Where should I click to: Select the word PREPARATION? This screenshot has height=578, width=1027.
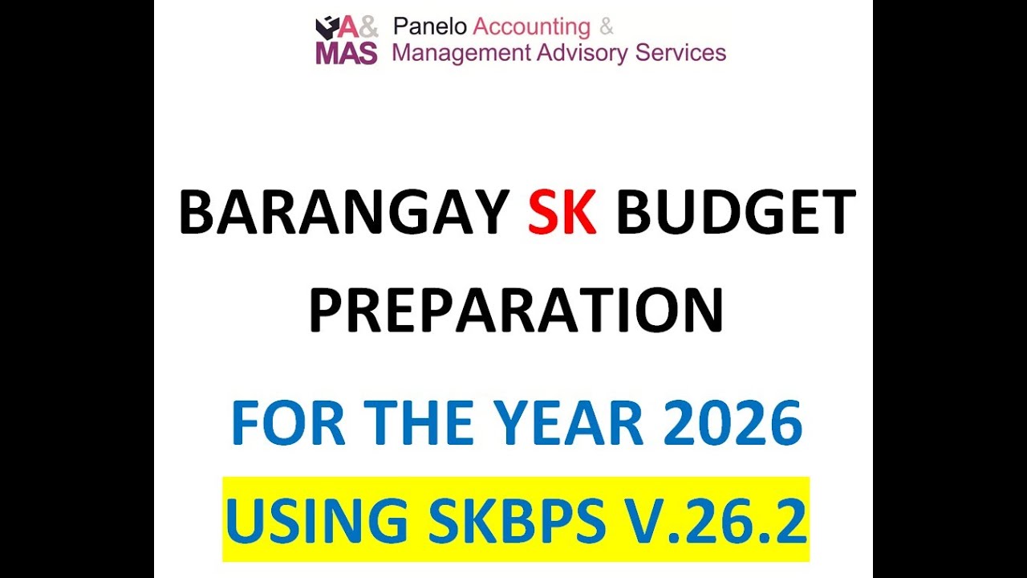coord(516,311)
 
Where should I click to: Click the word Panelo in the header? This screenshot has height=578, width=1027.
coord(429,27)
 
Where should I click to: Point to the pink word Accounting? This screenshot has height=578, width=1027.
coord(531,27)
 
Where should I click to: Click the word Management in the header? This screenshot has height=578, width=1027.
coord(461,54)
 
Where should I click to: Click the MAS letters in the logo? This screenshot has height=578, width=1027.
coord(346,53)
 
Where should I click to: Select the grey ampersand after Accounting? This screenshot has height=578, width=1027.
coord(607,27)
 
